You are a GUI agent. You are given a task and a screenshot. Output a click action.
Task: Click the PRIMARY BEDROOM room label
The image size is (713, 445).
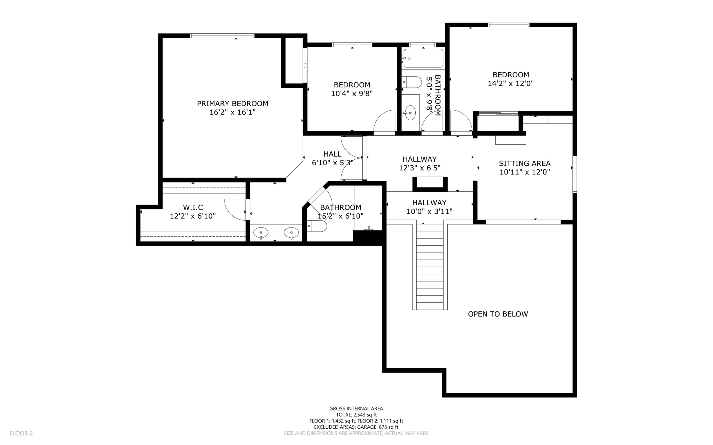coord(233,103)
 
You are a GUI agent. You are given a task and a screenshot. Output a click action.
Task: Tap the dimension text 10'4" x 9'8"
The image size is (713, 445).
coord(352,94)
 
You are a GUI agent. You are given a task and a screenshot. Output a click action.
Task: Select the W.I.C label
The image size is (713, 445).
coord(193,208)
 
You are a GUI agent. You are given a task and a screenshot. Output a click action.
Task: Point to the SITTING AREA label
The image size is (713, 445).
coord(525,163)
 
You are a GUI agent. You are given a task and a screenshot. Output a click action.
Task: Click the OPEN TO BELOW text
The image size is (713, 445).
coord(498,314)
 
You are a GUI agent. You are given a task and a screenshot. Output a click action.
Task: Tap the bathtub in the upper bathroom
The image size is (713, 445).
coord(423,58)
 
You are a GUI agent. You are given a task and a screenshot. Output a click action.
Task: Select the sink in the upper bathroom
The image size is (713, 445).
coord(410,113)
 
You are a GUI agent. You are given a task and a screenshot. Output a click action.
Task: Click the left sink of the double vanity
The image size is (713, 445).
coord(261,232)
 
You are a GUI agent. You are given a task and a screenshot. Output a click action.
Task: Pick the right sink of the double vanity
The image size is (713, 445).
coord(291,232)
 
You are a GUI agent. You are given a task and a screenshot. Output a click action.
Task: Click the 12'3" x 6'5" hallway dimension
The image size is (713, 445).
coord(420,168)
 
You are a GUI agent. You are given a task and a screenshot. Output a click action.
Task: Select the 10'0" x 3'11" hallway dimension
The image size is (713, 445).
coord(429,212)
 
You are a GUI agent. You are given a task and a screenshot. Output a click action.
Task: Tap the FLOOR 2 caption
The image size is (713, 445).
coord(21,433)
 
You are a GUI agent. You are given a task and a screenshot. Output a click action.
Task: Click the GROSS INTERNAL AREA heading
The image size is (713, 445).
coord(356,408)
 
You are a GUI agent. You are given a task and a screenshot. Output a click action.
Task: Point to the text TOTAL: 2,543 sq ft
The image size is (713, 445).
coord(356,415)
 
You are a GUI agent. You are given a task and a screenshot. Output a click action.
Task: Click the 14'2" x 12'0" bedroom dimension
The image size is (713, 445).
coord(511,84)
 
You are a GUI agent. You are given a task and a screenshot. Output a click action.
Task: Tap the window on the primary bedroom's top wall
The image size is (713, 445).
coord(222,36)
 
